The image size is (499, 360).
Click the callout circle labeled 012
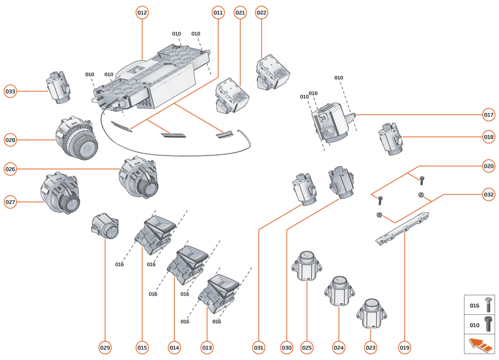coord(142,12)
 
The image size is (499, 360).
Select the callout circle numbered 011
coord(218,12)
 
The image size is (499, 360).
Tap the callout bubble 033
coord(10,91)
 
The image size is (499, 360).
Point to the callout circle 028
coord(10,139)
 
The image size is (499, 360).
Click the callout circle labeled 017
coord(489,115)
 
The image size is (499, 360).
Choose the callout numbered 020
coord(489,166)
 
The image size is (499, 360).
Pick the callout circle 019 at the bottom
coord(405,348)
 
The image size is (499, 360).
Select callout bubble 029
coord(105,348)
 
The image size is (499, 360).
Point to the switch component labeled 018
coord(391,139)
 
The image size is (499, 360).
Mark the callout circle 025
coord(307,348)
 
